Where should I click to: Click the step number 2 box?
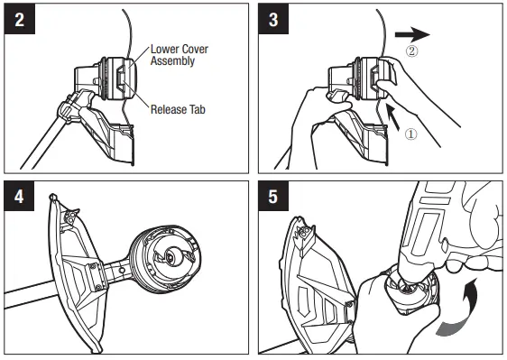(19, 21)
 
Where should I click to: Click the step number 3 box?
(275, 21)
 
